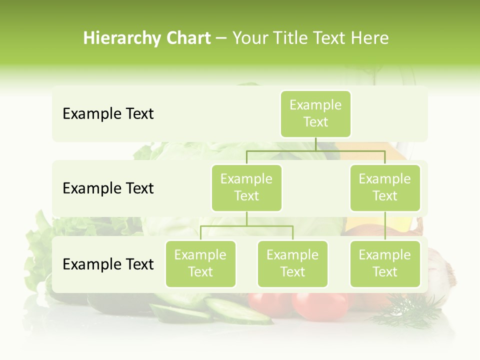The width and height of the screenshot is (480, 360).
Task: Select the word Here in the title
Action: (x=369, y=38)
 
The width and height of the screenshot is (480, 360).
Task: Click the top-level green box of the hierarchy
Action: (x=315, y=113)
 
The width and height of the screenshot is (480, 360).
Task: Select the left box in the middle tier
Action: (x=246, y=187)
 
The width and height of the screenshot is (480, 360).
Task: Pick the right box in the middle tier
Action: (x=384, y=187)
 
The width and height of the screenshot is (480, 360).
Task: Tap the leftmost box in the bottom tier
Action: (x=200, y=263)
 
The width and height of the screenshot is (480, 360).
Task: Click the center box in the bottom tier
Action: (x=292, y=263)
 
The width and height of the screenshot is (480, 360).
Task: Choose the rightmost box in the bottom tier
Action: (x=384, y=263)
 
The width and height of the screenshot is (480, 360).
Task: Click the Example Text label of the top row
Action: (x=108, y=114)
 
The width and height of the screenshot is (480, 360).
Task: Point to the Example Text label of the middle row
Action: (x=108, y=188)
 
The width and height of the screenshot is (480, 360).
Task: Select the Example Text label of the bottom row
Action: (x=108, y=264)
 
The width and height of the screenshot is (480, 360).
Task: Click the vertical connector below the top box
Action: (x=315, y=144)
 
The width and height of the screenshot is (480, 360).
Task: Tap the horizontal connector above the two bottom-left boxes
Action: (x=246, y=226)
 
